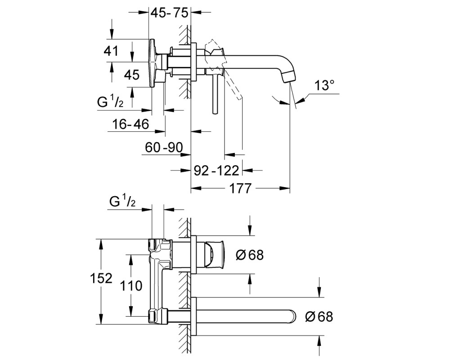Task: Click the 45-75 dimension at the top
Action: pos(169,13)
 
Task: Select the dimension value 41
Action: pos(111,51)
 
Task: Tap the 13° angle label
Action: pos(324,85)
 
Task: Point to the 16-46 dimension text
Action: pos(130,124)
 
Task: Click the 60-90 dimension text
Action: pos(164,148)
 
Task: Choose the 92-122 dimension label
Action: pos(216,171)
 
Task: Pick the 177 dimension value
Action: pos(240,189)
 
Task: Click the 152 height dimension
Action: pos(101,278)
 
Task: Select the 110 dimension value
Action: pos(131,286)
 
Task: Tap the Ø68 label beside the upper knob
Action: pos(250,255)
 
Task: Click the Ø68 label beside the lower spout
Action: pos(319,317)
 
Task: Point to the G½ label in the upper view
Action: pos(110,102)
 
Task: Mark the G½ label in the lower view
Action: pos(122,201)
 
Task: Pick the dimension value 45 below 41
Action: pos(132,75)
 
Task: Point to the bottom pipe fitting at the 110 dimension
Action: pos(157,316)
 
